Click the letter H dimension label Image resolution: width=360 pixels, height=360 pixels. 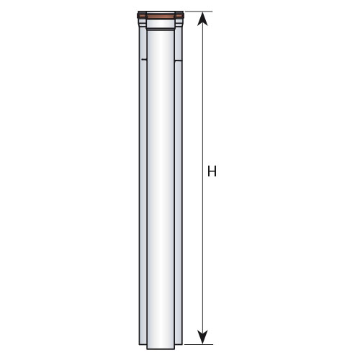pyautogui.click(x=212, y=171)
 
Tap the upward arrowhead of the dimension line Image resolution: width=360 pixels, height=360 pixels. pyautogui.click(x=203, y=19)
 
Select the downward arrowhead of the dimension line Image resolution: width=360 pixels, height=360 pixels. pyautogui.click(x=203, y=337)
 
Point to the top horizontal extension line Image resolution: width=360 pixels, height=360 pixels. pyautogui.click(x=198, y=12)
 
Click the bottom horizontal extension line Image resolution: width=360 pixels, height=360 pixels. pyautogui.click(x=198, y=344)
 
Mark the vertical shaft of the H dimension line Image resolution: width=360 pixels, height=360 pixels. pyautogui.click(x=203, y=178)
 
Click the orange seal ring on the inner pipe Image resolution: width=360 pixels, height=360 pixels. pyautogui.click(x=161, y=17)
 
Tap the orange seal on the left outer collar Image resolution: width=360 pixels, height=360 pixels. pyautogui.click(x=142, y=17)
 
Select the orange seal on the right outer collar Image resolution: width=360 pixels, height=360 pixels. pyautogui.click(x=179, y=17)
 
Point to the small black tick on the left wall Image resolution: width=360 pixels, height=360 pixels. pyautogui.click(x=143, y=59)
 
